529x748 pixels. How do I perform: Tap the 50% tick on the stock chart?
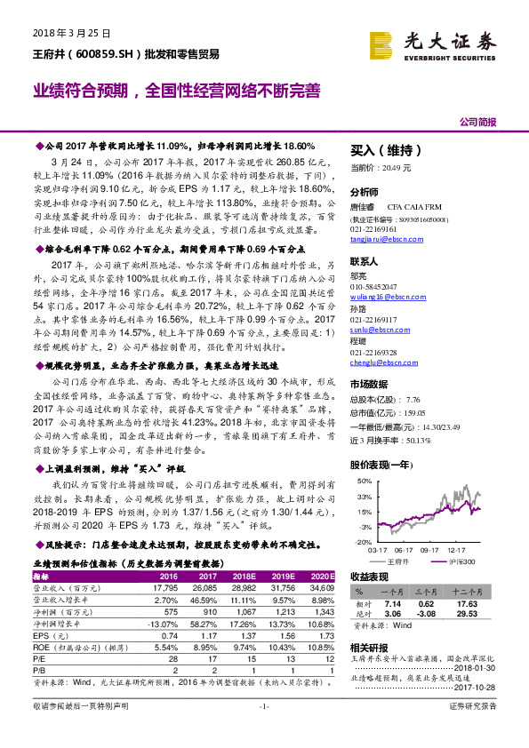click(x=364, y=481)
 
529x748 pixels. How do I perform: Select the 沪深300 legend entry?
click(x=464, y=561)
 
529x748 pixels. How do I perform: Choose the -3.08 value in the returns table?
click(x=423, y=613)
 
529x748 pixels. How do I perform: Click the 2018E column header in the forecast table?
click(x=241, y=576)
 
